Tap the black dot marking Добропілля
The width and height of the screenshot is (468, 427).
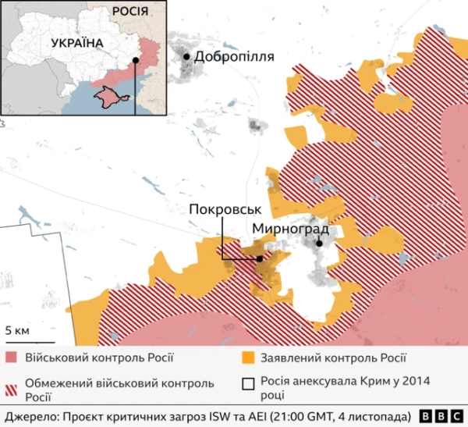click(x=186, y=56)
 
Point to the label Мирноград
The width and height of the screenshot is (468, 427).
click(x=290, y=230)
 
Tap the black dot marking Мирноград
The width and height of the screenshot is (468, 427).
click(x=319, y=243)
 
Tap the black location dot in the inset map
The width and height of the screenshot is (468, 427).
click(x=135, y=59)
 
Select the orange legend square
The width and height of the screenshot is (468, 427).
click(x=249, y=358)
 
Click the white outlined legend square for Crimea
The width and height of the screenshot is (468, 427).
click(x=249, y=384)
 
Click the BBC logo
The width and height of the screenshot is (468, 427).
click(x=441, y=415)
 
